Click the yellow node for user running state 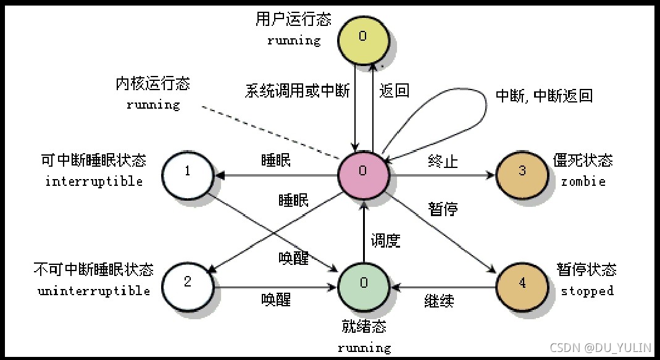[362, 37]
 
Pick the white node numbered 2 [188, 283]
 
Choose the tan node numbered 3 [522, 172]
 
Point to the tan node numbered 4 [522, 284]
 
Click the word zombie [583, 182]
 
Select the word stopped [587, 291]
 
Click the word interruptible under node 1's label [94, 182]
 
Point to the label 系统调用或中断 [297, 91]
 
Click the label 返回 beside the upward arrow [395, 91]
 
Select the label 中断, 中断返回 [544, 96]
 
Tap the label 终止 [443, 162]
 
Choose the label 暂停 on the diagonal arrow [443, 209]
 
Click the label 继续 [439, 301]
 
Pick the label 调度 [385, 240]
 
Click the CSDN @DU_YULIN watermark [600, 348]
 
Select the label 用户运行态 [293, 20]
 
